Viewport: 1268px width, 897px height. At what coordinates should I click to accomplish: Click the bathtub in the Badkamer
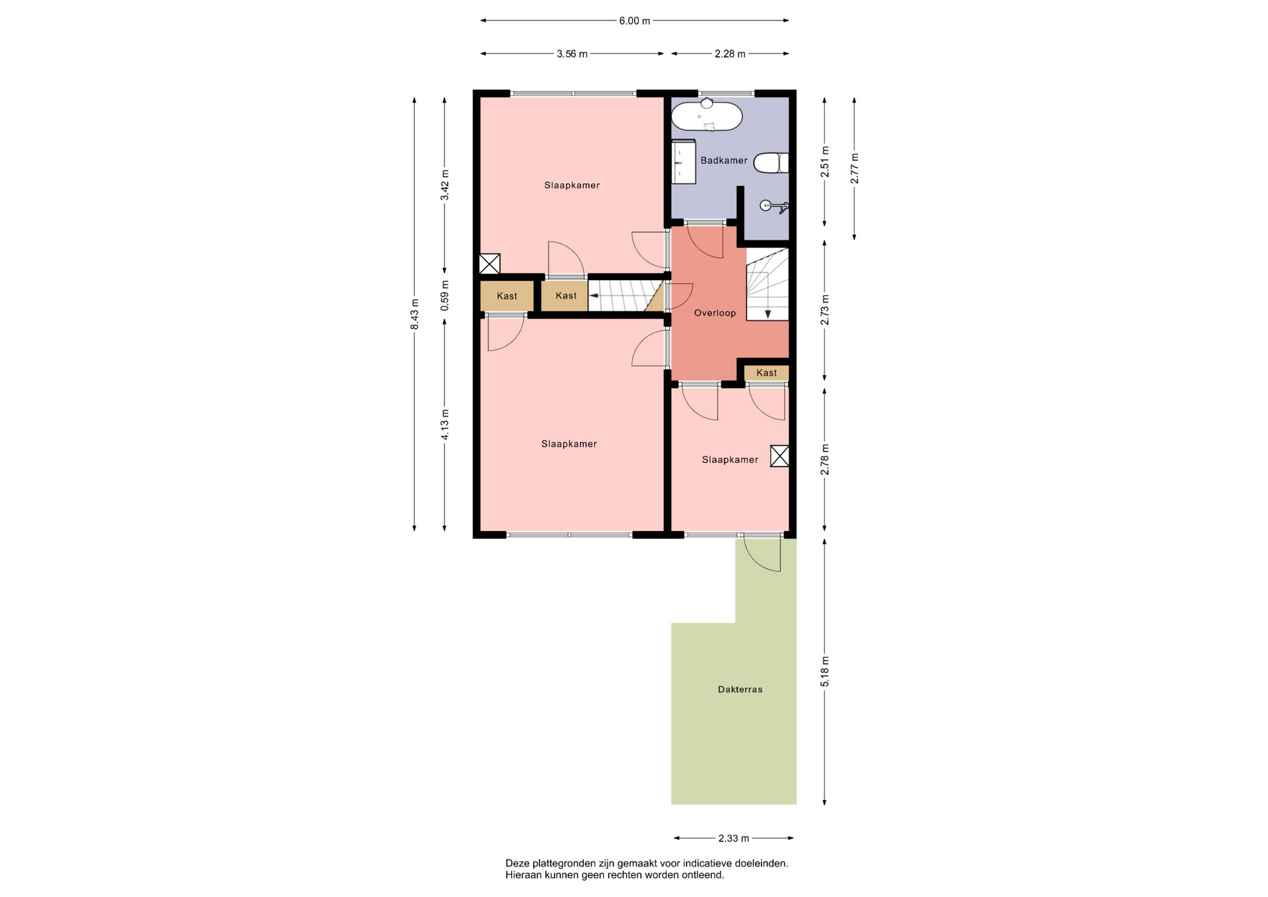point(707,116)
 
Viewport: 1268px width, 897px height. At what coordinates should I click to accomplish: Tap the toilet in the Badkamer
point(771,162)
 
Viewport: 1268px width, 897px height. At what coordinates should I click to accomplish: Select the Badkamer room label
point(724,161)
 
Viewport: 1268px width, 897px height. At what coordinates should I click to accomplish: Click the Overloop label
point(715,313)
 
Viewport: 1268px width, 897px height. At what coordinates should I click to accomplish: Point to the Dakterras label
point(740,690)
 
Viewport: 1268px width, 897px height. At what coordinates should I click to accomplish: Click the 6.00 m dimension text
point(634,21)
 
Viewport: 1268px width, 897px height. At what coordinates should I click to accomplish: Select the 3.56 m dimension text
point(572,54)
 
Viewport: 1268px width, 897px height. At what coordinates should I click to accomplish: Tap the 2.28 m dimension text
point(730,54)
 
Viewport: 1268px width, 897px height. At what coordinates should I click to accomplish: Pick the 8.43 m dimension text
point(415,314)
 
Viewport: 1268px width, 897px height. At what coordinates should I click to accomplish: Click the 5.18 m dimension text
point(825,671)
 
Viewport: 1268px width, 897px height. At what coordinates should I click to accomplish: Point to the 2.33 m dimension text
point(734,839)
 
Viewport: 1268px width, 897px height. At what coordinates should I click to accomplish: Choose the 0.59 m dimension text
point(444,296)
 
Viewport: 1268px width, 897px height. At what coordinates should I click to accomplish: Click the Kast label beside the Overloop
point(767,373)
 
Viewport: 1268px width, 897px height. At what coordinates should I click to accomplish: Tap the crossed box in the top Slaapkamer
point(489,264)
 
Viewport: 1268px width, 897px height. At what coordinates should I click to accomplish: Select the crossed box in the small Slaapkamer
point(779,456)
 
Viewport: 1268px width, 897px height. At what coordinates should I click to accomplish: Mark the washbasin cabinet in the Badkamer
point(684,162)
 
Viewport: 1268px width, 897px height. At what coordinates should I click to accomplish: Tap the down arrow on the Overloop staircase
point(767,314)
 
